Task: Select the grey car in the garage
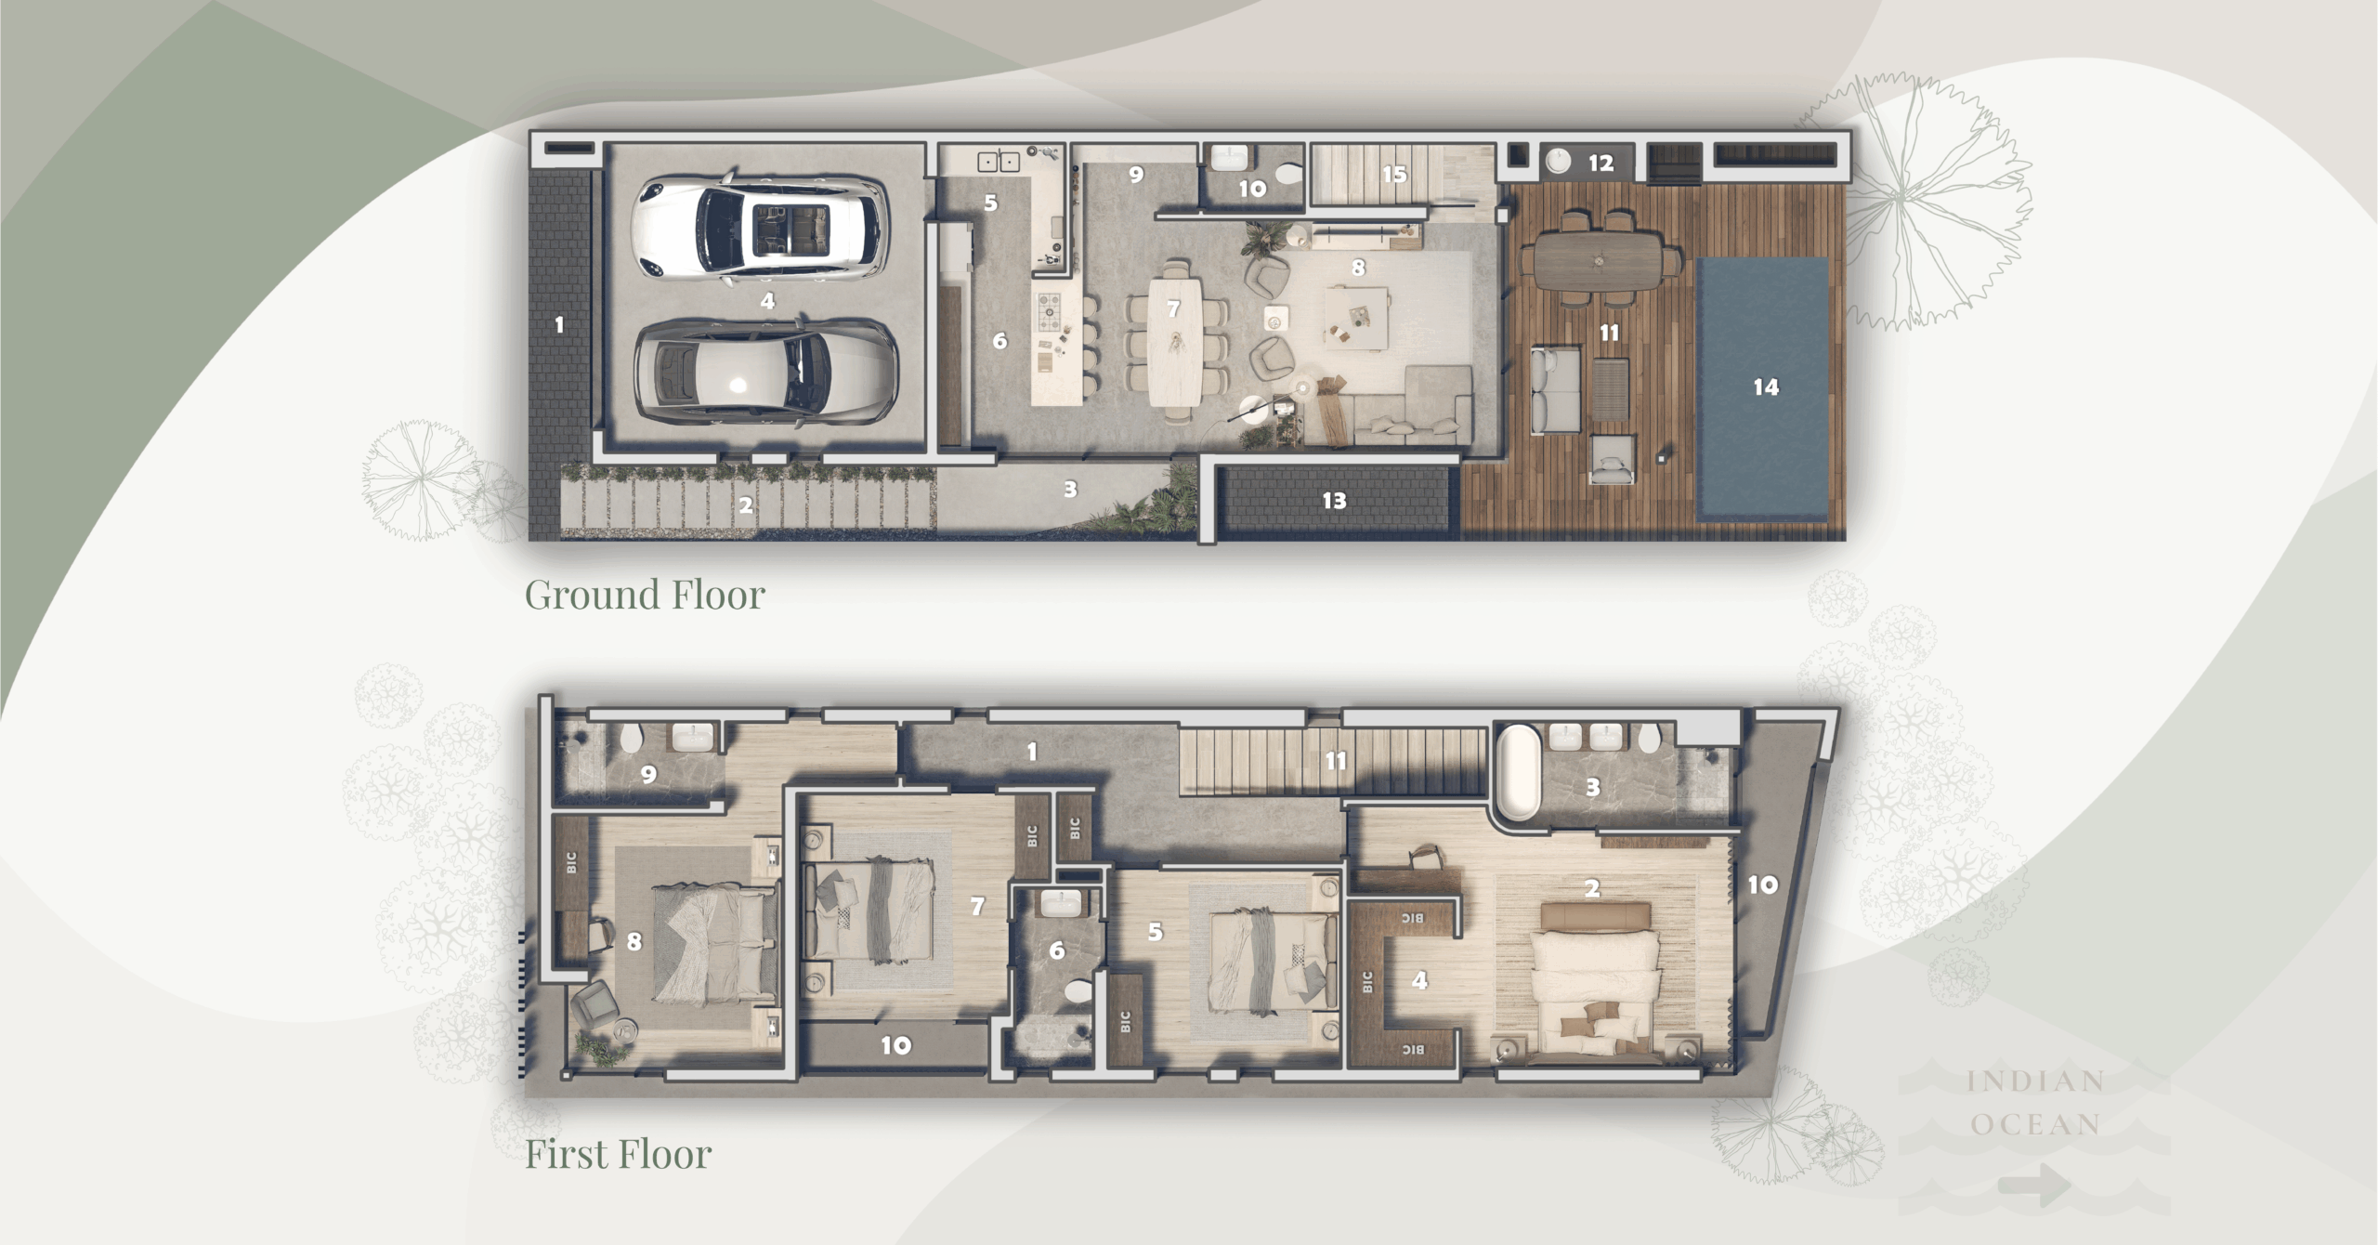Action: (764, 373)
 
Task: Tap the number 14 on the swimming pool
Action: (1765, 387)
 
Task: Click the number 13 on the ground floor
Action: (1334, 501)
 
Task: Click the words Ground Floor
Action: (645, 595)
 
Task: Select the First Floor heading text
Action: (619, 1155)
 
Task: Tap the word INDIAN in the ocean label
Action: (2035, 1082)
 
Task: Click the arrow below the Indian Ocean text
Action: (2034, 1187)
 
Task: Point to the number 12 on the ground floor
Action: (1600, 164)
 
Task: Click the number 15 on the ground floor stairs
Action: (1393, 174)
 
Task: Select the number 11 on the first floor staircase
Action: (1335, 762)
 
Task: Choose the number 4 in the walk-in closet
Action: (1418, 980)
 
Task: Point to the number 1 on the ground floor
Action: (558, 325)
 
